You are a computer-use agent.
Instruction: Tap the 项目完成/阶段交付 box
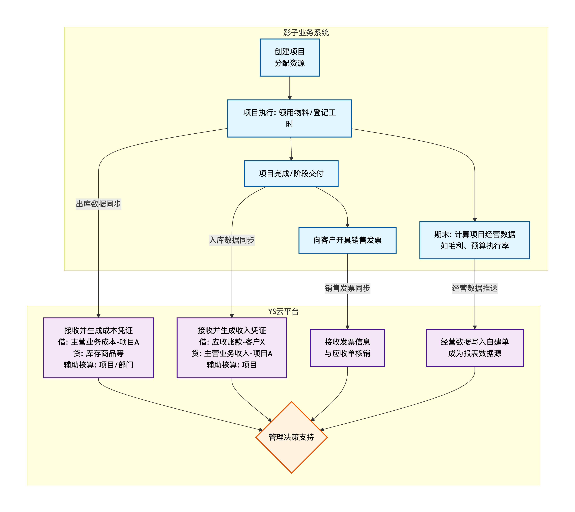(291, 174)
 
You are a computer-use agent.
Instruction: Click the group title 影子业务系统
(306, 33)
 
